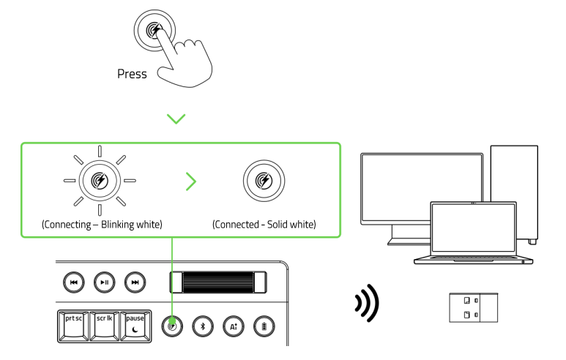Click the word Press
pyautogui.click(x=132, y=74)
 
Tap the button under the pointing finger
pyautogui.click(x=154, y=30)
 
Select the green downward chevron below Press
pyautogui.click(x=176, y=118)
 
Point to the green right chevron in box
pyautogui.click(x=190, y=181)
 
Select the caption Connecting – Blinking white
pyautogui.click(x=102, y=224)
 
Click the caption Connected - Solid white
pyautogui.click(x=264, y=224)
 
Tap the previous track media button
pyautogui.click(x=73, y=282)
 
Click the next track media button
pyautogui.click(x=134, y=282)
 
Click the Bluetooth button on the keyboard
pyautogui.click(x=203, y=326)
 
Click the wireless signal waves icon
pyautogui.click(x=366, y=304)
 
